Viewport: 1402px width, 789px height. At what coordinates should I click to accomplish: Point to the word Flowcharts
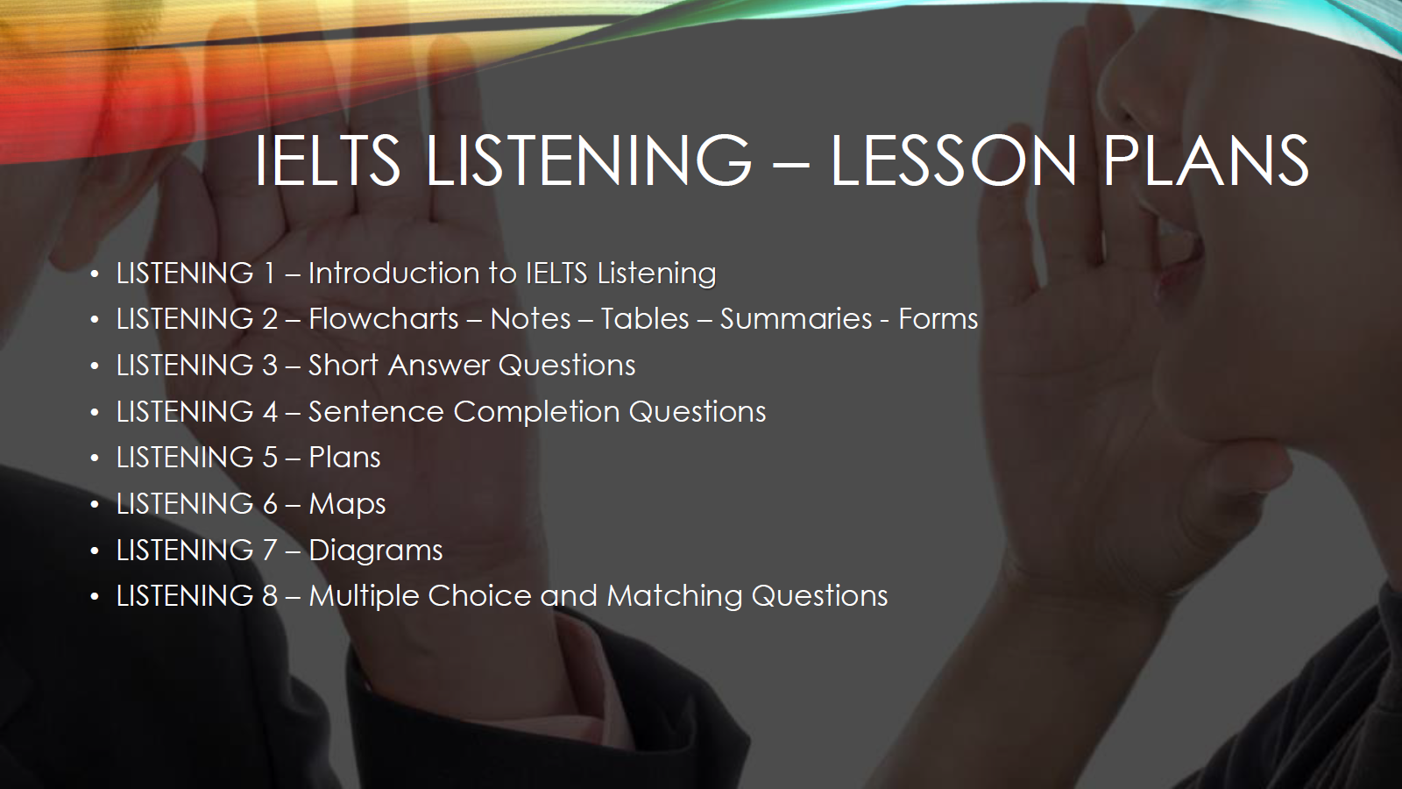pyautogui.click(x=384, y=319)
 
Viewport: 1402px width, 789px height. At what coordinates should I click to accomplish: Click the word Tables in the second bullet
pyautogui.click(x=645, y=319)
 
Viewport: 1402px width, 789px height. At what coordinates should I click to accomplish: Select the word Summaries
pyautogui.click(x=797, y=319)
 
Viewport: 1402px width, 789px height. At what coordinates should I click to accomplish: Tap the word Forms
pyautogui.click(x=938, y=319)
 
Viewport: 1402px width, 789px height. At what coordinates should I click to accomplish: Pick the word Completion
pyautogui.click(x=535, y=411)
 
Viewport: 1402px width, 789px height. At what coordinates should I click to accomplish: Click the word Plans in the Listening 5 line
pyautogui.click(x=344, y=457)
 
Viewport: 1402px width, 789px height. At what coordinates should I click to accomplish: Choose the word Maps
pyautogui.click(x=347, y=504)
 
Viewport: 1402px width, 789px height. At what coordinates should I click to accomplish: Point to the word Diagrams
pyautogui.click(x=376, y=551)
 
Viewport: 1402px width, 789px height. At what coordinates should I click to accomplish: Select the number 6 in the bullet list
pyautogui.click(x=270, y=504)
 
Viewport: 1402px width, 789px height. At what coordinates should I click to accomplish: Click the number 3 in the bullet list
pyautogui.click(x=270, y=365)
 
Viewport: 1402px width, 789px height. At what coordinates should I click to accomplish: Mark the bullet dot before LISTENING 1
pyautogui.click(x=95, y=274)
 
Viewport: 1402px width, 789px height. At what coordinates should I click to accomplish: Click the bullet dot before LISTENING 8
pyautogui.click(x=95, y=597)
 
